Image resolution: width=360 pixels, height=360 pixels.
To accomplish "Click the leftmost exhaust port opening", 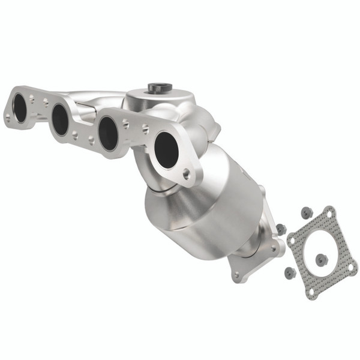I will tap(20, 109).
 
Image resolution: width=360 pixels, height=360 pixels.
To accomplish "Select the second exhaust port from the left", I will tap(60, 120).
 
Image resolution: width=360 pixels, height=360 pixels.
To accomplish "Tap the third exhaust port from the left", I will tap(108, 133).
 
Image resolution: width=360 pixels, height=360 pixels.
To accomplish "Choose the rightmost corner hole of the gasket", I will tap(352, 263).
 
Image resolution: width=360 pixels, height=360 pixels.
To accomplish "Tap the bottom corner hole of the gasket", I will tap(311, 292).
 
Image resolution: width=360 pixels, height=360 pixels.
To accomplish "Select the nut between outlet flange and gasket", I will tap(280, 228).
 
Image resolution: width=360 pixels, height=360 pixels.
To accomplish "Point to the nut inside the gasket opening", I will tap(322, 259).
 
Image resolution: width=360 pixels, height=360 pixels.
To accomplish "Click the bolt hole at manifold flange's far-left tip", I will tap(8, 119).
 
